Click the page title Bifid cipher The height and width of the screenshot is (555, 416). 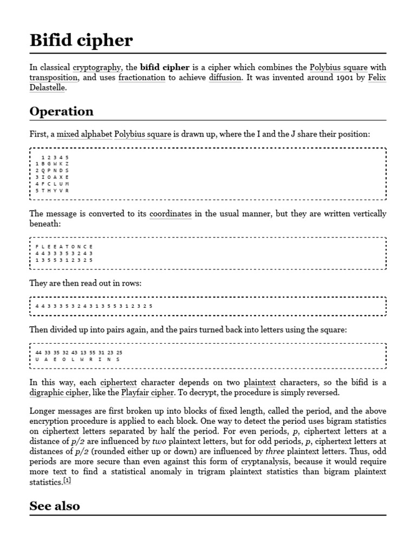click(81, 41)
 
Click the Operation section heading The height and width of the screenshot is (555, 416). click(61, 112)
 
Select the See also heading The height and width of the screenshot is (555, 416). click(55, 506)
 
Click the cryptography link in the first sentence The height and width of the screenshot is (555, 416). click(97, 68)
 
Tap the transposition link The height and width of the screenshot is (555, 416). click(53, 78)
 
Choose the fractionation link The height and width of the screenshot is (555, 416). click(142, 78)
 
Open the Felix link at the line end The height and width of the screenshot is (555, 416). click(377, 78)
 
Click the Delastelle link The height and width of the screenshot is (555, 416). click(48, 88)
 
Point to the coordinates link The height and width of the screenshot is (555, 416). click(170, 214)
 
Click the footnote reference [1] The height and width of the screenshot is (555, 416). click(67, 480)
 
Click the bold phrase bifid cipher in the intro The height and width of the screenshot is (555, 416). click(165, 68)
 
